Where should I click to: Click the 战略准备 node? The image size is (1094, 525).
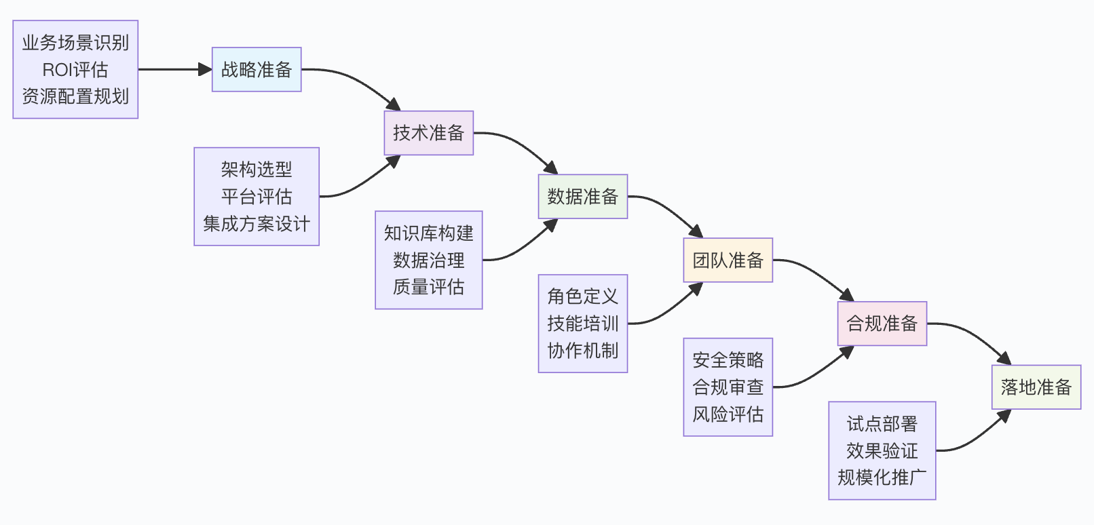click(x=257, y=69)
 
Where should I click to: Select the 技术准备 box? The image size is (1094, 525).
click(x=428, y=133)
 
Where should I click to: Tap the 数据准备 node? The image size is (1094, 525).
click(x=582, y=197)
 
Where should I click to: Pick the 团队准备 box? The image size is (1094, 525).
click(x=728, y=260)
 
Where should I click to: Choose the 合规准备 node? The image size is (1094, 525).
click(x=882, y=324)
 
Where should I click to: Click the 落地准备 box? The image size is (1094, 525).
click(x=1036, y=387)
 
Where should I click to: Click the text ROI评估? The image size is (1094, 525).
click(x=75, y=70)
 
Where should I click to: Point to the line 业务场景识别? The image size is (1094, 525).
click(x=75, y=43)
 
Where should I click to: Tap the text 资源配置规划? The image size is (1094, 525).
click(x=75, y=96)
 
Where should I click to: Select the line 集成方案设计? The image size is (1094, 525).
click(x=257, y=224)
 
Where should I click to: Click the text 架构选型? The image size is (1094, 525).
click(x=257, y=170)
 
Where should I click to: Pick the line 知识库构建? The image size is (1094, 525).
click(x=429, y=233)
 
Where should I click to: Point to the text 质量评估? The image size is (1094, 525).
click(x=429, y=287)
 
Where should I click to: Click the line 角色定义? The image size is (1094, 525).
click(x=583, y=296)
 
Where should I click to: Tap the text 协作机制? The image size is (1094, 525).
click(x=583, y=351)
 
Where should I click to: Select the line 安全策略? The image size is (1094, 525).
click(x=728, y=360)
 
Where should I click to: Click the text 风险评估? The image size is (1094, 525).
click(x=728, y=414)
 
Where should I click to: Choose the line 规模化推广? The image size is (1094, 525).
click(x=882, y=478)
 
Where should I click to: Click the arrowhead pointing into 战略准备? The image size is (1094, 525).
click(x=206, y=69)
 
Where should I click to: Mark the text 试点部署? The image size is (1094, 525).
click(x=882, y=424)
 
